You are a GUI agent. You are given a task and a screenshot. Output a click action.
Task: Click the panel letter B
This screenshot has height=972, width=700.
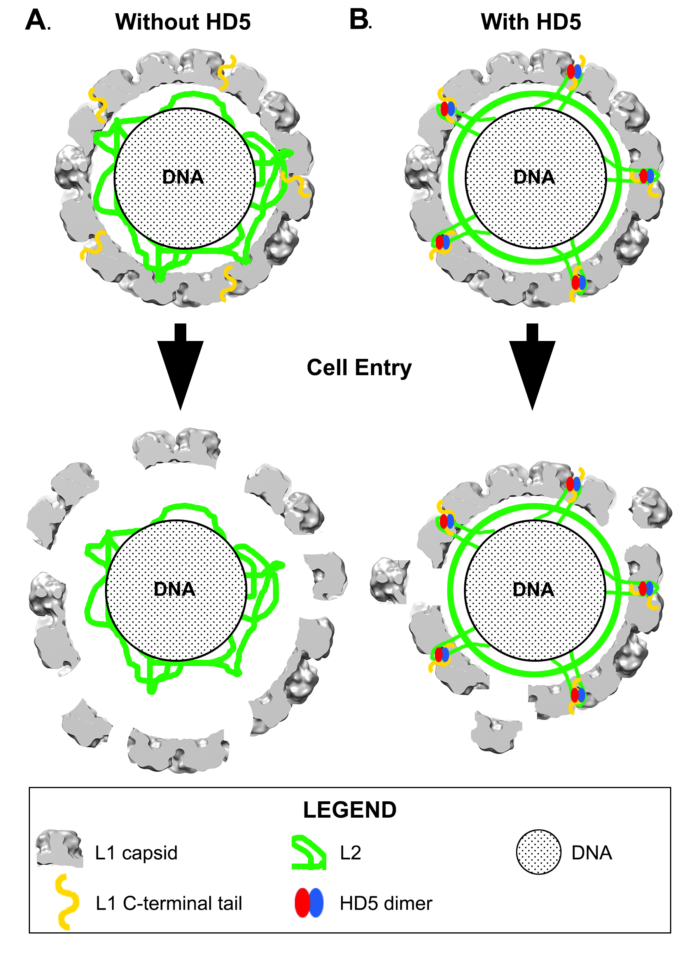(x=359, y=19)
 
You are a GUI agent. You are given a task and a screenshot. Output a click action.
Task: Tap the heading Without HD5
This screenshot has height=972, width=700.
(x=183, y=22)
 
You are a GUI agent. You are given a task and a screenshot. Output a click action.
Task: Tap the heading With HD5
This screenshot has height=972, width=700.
(x=531, y=22)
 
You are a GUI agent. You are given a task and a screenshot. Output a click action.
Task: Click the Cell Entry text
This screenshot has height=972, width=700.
(x=359, y=368)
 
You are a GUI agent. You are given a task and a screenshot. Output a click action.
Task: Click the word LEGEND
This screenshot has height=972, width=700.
(x=350, y=810)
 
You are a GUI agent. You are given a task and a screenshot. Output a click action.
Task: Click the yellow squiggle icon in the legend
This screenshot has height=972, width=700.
(x=67, y=902)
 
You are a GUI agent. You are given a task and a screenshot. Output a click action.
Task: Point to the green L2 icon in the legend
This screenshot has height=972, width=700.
(x=309, y=852)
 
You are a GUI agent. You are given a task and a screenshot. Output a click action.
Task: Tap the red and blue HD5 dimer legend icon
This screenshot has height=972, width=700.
(x=309, y=902)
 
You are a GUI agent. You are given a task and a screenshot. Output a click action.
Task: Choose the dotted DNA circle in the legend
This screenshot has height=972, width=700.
(x=538, y=851)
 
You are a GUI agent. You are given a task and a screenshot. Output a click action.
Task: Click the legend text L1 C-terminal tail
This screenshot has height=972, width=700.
(x=169, y=903)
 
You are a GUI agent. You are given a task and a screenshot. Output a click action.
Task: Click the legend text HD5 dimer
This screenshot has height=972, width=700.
(x=386, y=903)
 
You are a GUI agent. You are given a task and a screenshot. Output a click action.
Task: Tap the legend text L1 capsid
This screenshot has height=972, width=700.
(x=136, y=853)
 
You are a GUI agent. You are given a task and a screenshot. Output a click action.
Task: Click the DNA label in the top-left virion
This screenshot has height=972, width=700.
(x=183, y=177)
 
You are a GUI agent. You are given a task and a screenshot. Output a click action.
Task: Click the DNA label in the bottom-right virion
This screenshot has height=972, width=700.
(x=534, y=590)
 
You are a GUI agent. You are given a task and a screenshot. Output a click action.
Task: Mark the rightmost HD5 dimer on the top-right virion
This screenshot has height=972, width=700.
(x=647, y=176)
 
